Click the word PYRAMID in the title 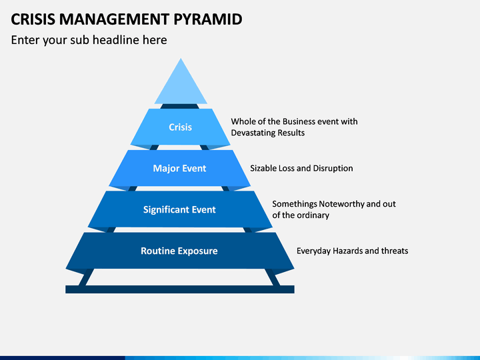tap(208, 19)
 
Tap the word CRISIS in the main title tap(33, 19)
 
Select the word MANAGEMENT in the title tap(114, 19)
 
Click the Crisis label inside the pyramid tap(180, 127)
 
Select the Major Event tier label tap(179, 169)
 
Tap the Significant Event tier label tap(179, 210)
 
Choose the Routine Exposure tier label tap(179, 251)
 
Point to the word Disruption tap(333, 169)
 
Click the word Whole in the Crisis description tap(241, 121)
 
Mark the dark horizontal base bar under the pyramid tap(180, 289)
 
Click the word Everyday tap(313, 251)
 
